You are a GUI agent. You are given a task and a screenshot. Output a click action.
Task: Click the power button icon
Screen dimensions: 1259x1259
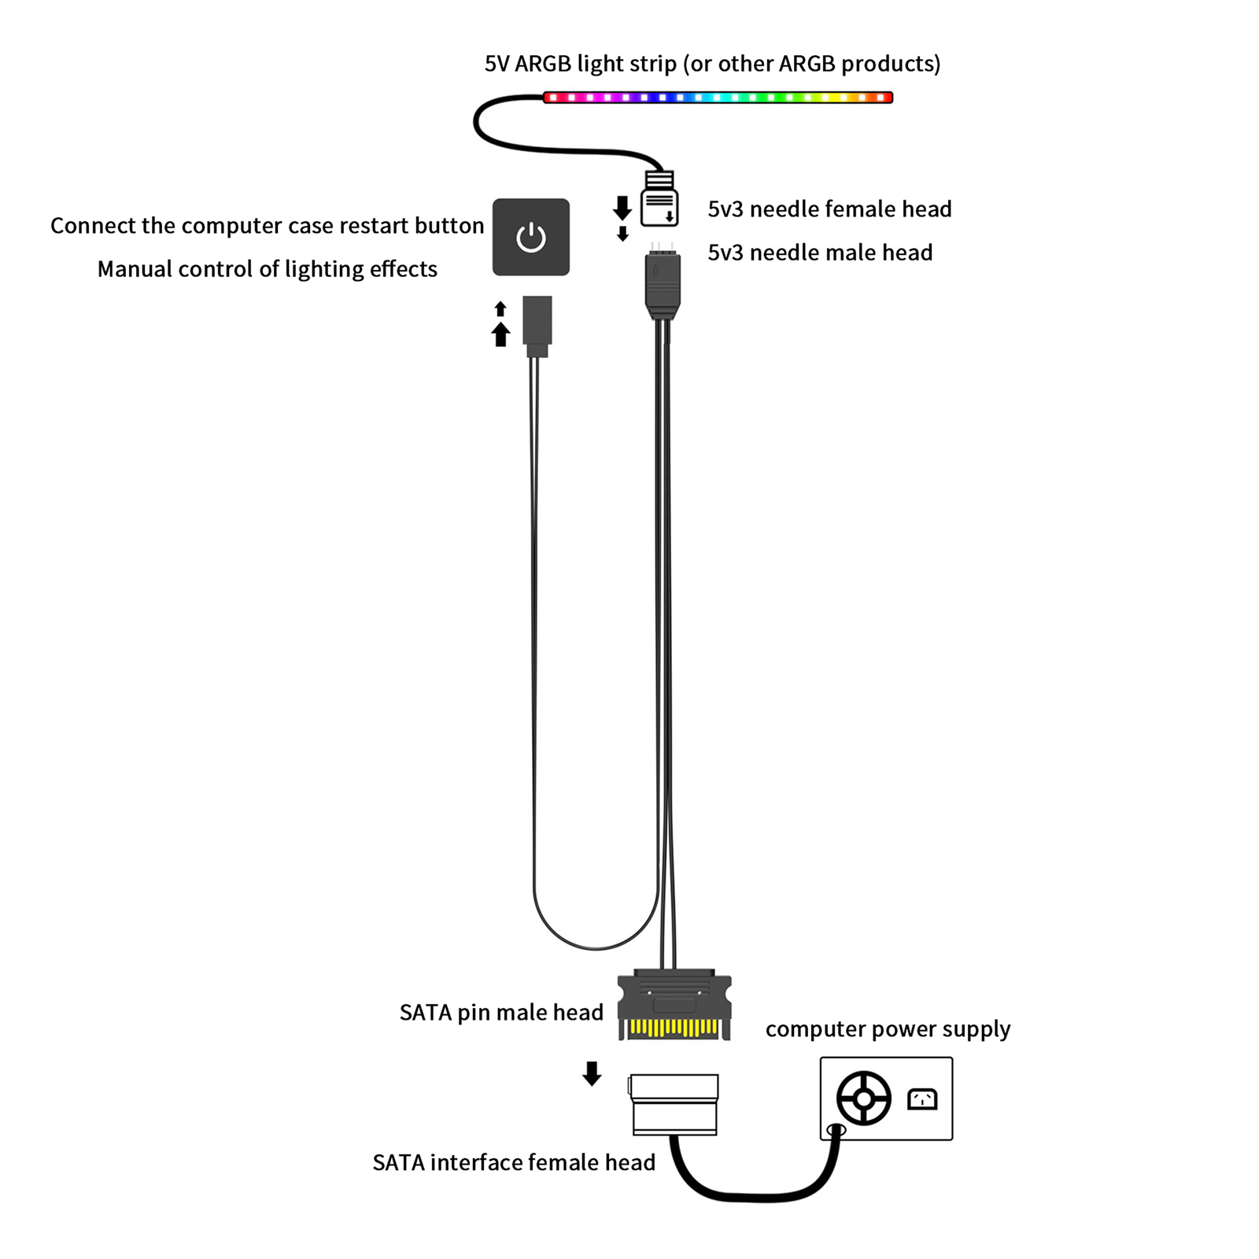[531, 237]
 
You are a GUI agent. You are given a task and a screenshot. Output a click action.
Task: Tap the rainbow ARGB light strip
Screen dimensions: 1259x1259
[718, 98]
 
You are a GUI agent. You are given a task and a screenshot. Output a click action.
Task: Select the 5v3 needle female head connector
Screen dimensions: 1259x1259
[659, 199]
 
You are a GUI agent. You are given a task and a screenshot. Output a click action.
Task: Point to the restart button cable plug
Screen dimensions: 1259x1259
[537, 326]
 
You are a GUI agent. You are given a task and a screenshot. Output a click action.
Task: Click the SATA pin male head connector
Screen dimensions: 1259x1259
[674, 1006]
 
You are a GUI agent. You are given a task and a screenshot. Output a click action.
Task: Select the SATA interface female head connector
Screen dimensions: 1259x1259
[674, 1105]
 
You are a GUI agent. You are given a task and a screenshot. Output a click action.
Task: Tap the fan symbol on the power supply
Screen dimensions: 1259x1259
[863, 1098]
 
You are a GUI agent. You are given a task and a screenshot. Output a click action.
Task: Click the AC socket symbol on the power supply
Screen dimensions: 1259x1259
[922, 1098]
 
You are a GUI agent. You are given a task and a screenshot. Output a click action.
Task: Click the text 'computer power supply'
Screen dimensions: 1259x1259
[888, 1029]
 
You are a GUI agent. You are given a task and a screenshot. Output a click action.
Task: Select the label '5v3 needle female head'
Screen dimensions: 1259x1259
[829, 209]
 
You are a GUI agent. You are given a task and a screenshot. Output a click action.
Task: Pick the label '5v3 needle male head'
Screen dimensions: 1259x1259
[820, 252]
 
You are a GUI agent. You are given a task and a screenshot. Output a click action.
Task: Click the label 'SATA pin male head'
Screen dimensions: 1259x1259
[501, 1013]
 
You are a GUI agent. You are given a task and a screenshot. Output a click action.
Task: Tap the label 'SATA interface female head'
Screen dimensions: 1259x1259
[514, 1162]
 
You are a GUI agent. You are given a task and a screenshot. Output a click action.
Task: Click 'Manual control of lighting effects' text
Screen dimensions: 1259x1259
[268, 269]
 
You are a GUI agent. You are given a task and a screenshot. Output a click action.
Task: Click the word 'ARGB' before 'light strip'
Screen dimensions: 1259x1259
[543, 64]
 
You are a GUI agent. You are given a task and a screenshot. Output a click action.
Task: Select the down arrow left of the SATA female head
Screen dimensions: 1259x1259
[592, 1073]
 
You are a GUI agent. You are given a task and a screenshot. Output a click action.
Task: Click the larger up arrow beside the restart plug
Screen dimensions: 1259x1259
[500, 334]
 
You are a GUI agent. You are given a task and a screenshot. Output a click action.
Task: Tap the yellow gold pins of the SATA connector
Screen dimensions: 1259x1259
[674, 1028]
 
